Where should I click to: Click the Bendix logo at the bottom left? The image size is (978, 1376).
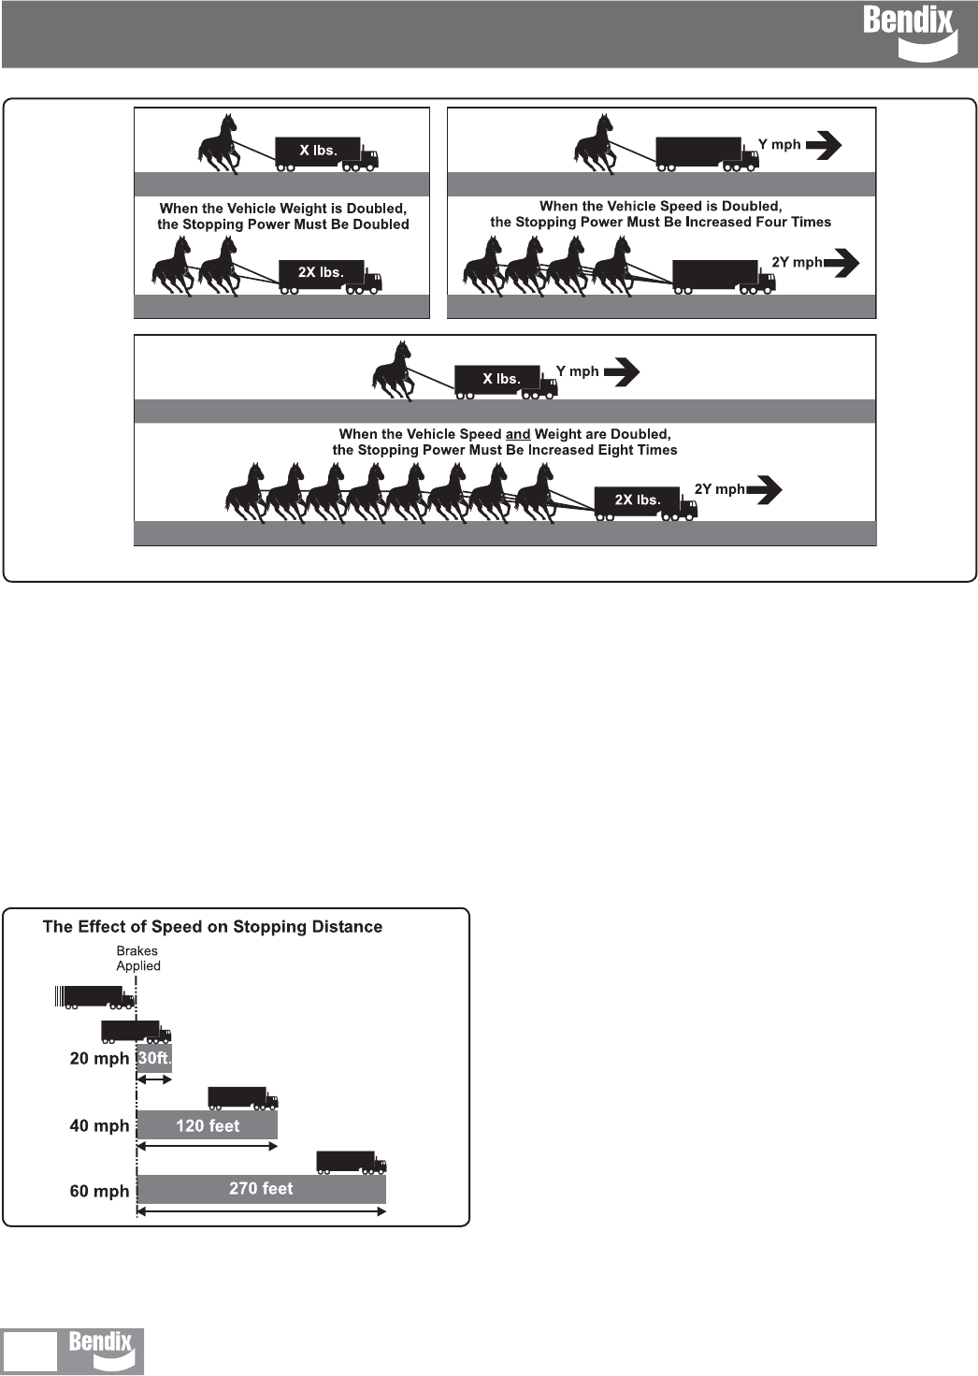click(101, 1350)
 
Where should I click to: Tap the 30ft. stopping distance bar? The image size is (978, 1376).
click(154, 1059)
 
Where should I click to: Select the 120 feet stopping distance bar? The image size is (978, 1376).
click(208, 1125)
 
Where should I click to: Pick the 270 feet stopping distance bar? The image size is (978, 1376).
click(261, 1188)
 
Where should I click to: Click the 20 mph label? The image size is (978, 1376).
click(99, 1059)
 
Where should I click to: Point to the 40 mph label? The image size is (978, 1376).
click(99, 1125)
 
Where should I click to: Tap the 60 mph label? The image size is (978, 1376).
click(99, 1191)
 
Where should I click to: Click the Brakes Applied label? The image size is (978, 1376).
click(137, 958)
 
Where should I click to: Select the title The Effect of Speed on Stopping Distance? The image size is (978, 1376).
click(212, 927)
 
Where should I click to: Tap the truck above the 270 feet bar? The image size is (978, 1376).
click(352, 1162)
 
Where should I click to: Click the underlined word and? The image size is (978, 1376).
click(518, 434)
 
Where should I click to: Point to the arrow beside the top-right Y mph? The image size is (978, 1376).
click(823, 145)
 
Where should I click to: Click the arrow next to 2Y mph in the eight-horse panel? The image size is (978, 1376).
click(764, 489)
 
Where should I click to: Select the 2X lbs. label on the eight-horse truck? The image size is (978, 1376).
click(637, 500)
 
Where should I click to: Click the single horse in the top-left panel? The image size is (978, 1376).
click(218, 143)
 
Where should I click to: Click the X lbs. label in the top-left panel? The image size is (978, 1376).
click(318, 150)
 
